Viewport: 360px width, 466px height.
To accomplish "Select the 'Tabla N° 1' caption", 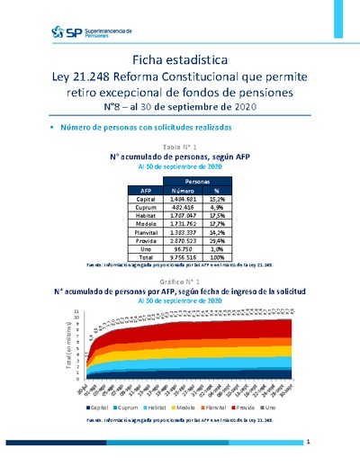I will tap(180, 146).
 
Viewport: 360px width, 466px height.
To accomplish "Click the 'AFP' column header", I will tap(146, 190).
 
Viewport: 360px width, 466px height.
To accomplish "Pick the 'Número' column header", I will tap(184, 190).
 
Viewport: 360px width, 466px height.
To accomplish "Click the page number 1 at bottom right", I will tap(308, 443).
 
